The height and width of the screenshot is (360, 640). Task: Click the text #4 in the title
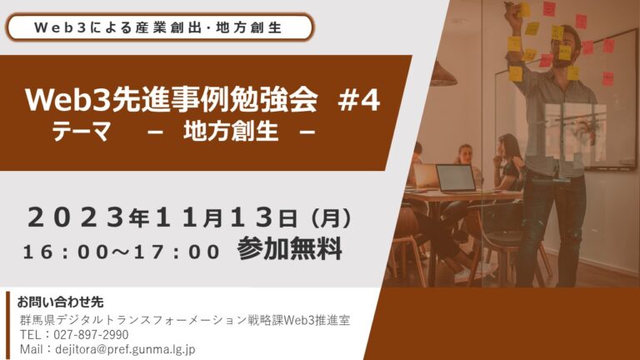[x=359, y=100]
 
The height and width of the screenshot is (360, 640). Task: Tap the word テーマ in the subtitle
[x=81, y=131]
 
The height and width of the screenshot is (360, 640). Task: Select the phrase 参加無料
[x=289, y=248]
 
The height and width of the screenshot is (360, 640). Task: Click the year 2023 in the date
[x=77, y=217]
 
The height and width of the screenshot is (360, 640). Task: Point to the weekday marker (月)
[x=331, y=217]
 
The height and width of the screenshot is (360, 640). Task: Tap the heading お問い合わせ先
[x=60, y=302]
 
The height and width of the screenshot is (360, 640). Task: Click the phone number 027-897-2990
[x=91, y=335]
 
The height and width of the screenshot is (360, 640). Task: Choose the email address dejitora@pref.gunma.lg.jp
[x=125, y=349]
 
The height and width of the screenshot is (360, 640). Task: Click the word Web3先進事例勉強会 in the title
[x=172, y=100]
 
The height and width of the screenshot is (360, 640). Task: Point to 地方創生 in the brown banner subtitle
[x=231, y=131]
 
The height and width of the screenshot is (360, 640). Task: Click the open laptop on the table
[x=455, y=178]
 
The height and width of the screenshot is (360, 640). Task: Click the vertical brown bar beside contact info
[x=7, y=325]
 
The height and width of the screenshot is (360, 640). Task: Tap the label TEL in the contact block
[x=30, y=335]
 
